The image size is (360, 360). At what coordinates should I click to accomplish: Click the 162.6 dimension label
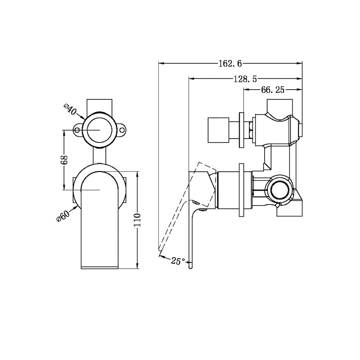[x=230, y=64]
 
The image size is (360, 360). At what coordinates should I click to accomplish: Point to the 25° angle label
[x=178, y=261]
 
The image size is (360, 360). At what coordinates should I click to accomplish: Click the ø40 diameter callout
[x=69, y=109]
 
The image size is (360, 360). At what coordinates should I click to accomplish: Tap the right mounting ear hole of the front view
[x=122, y=130]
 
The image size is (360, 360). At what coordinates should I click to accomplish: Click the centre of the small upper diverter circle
[x=100, y=130]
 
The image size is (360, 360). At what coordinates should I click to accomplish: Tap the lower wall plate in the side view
[x=241, y=190]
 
